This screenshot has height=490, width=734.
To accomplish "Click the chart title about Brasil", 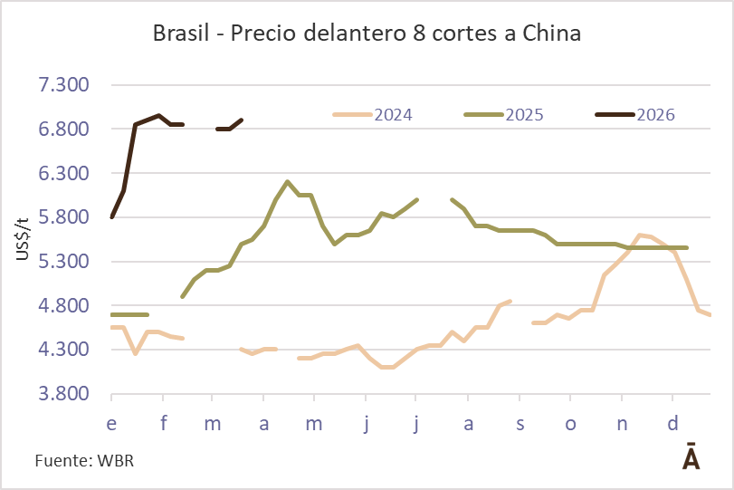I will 367,34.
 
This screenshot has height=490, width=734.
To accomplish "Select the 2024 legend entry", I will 374,115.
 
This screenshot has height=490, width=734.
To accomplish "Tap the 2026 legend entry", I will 635,115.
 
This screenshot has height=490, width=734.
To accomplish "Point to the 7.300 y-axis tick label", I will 63,85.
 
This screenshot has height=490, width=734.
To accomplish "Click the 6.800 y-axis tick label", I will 63,129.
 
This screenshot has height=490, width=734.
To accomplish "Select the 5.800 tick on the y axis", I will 63,217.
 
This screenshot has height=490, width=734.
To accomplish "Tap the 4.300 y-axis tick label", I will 63,350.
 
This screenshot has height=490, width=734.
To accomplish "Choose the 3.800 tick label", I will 63,394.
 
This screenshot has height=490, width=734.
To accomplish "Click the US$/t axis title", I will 23,239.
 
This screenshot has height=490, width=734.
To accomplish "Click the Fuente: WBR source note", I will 85,461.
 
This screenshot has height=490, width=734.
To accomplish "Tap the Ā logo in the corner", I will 690,457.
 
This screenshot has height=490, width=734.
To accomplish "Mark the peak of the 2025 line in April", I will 287,182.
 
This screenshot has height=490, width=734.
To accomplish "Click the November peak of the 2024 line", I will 639,235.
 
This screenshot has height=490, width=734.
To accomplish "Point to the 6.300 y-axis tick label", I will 63,173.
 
